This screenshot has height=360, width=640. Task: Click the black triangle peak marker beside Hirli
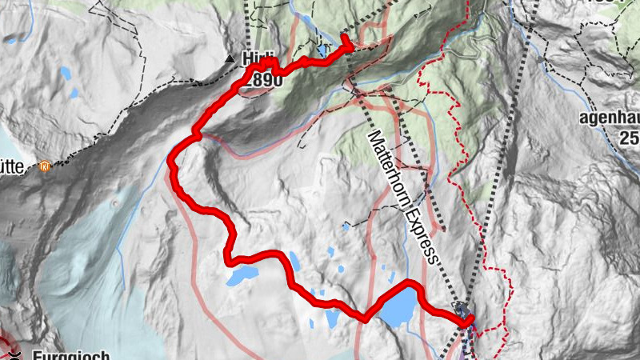pyautogui.click(x=230, y=58)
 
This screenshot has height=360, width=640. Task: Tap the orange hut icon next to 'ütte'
pyautogui.click(x=45, y=167)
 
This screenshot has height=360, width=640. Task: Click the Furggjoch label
pyautogui.click(x=70, y=354)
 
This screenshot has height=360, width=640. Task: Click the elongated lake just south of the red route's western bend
pyautogui.click(x=242, y=276)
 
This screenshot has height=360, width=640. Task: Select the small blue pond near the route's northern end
pyautogui.click(x=322, y=50)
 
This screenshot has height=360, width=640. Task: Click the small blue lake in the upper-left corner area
pyautogui.click(x=65, y=74)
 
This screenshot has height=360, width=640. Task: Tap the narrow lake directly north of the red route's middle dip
pyautogui.click(x=294, y=261)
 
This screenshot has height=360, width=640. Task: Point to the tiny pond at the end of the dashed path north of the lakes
pyautogui.click(x=345, y=227)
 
